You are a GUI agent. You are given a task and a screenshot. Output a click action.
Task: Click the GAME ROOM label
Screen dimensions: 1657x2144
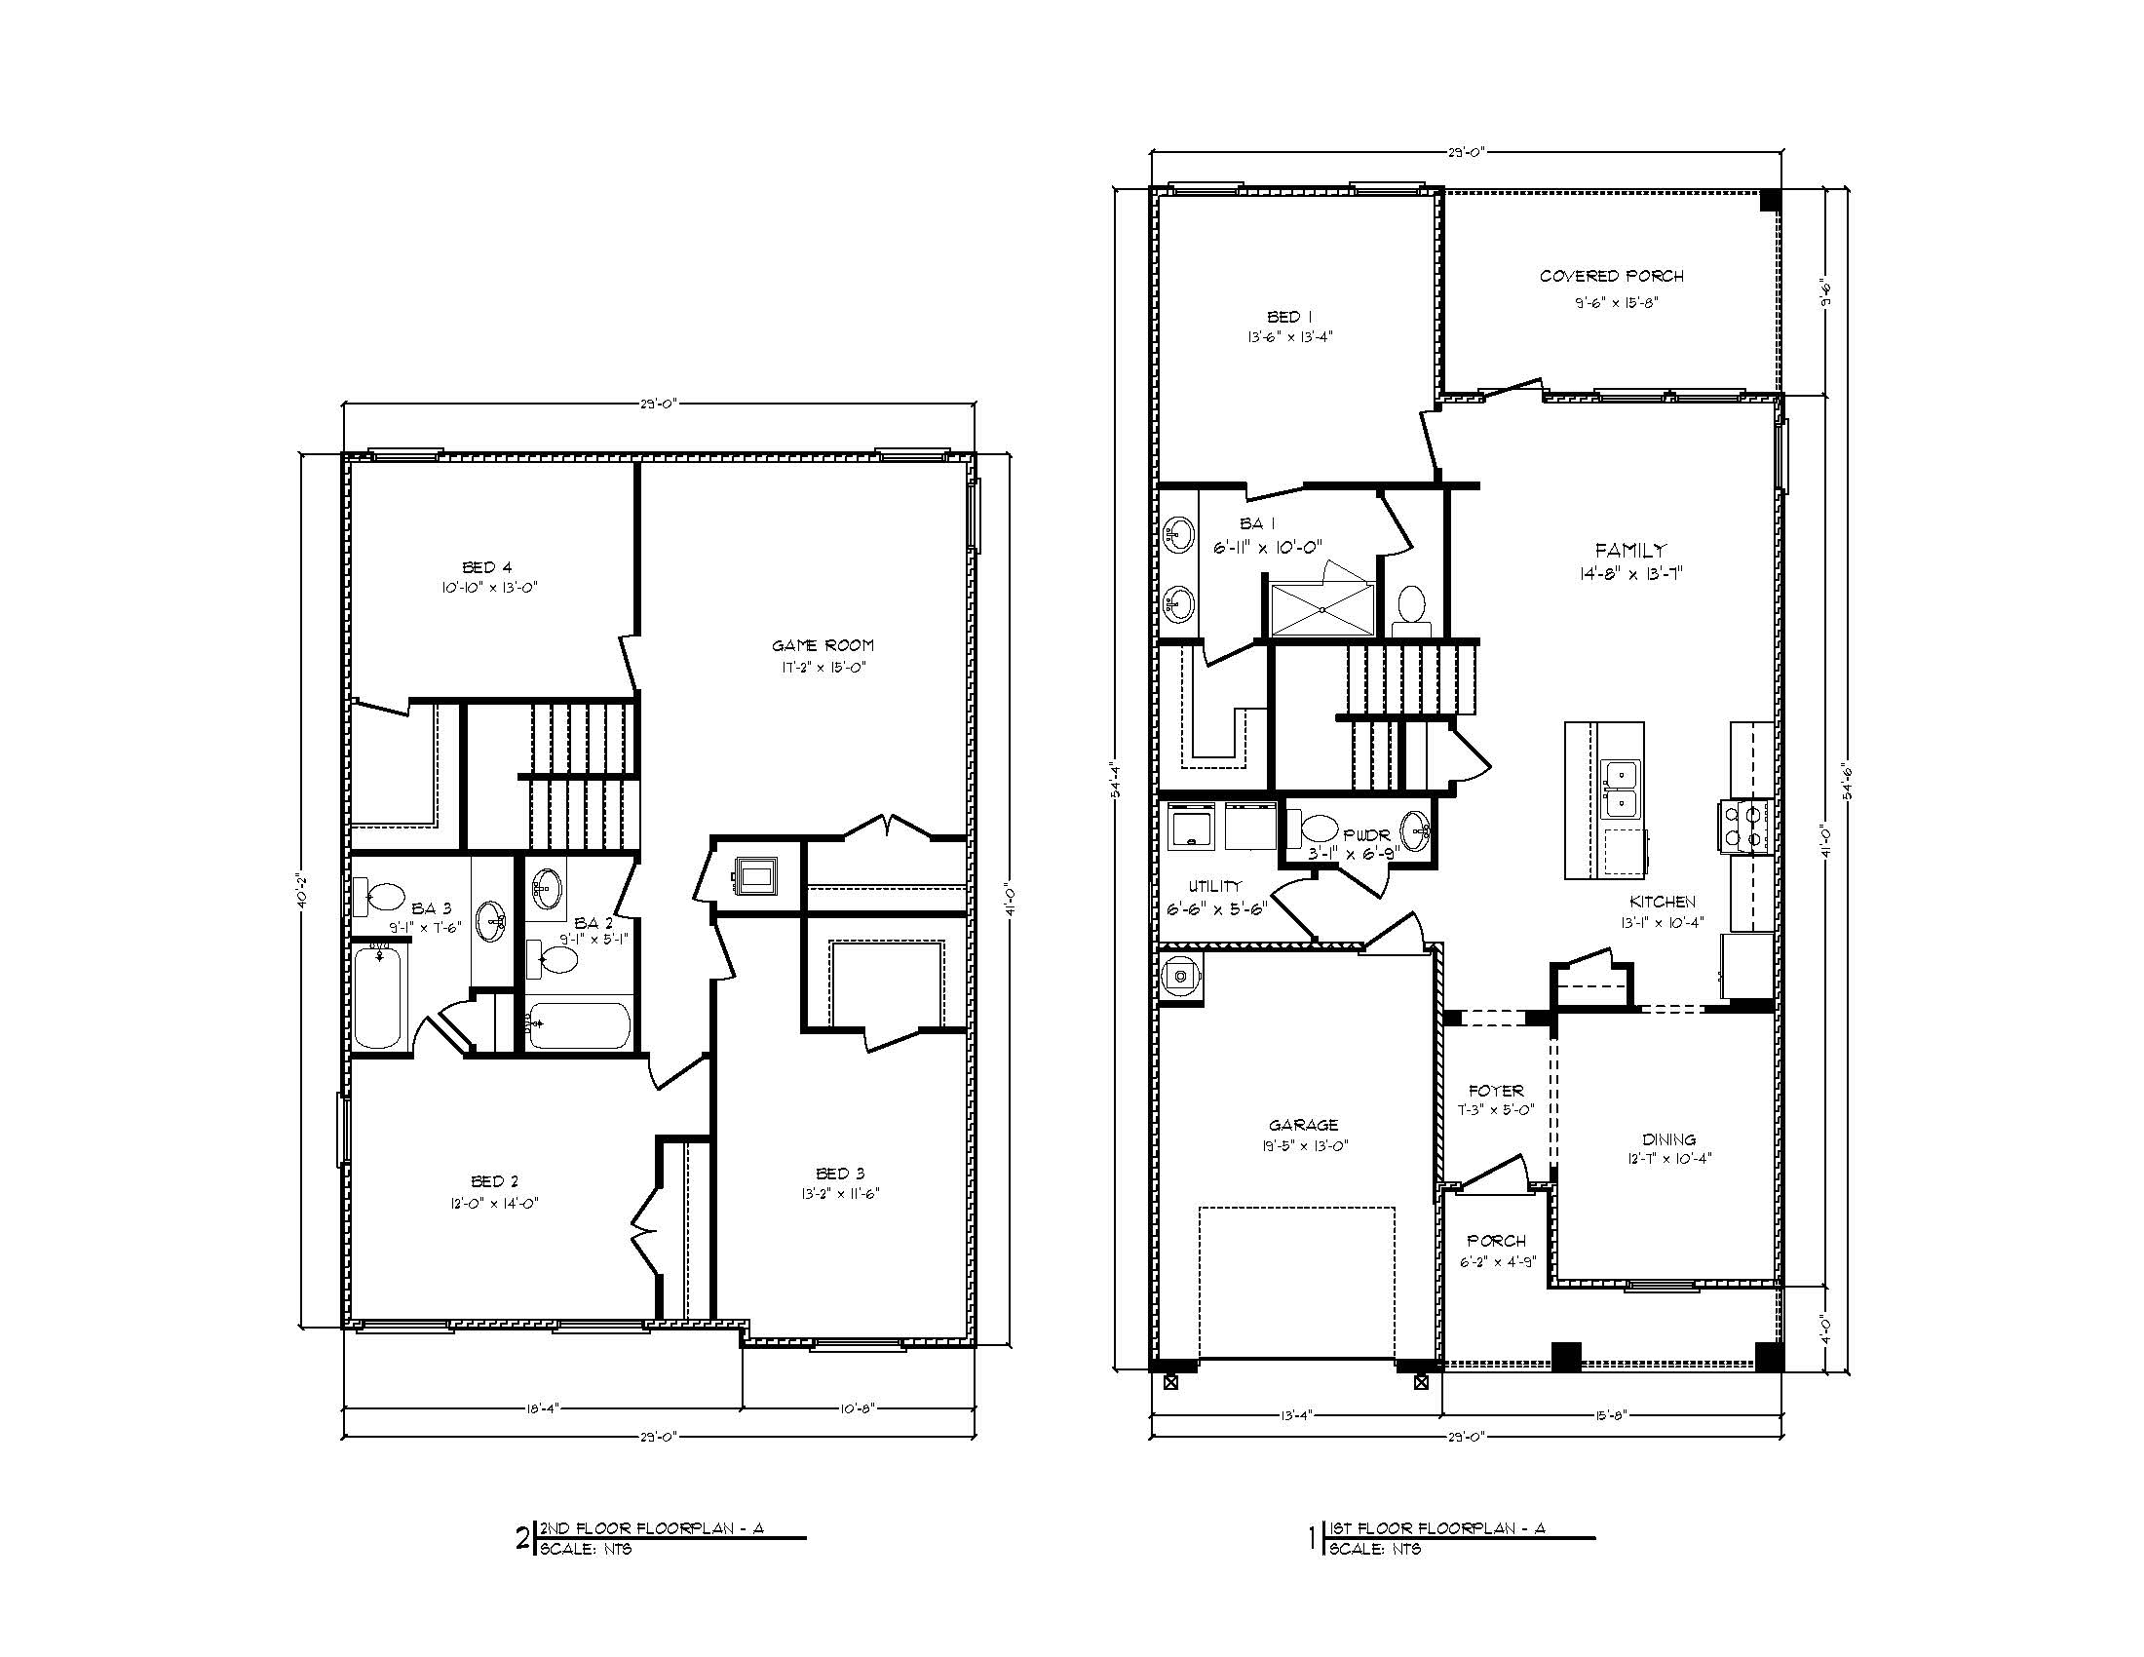tap(822, 646)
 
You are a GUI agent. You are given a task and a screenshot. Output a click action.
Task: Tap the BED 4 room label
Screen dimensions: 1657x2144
tap(487, 567)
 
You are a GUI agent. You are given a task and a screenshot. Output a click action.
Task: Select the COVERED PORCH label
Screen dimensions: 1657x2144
tap(1611, 277)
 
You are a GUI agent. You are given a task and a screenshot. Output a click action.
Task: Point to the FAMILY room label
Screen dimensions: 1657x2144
tap(1629, 551)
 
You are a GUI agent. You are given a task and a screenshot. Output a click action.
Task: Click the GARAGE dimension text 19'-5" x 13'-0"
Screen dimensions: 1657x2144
tap(1303, 1145)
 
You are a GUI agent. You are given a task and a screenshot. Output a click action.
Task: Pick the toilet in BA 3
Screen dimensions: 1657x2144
tap(383, 895)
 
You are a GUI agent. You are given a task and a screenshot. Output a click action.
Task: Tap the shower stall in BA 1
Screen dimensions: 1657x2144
tap(1322, 609)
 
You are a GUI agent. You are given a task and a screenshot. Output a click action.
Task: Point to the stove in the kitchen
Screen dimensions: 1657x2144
tap(1743, 825)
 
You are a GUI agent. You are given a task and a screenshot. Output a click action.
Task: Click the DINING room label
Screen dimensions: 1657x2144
tap(1668, 1139)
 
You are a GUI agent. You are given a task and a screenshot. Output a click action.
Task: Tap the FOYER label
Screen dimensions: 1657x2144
tap(1495, 1091)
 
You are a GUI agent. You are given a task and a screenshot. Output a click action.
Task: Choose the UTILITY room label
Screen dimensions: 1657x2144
tap(1215, 886)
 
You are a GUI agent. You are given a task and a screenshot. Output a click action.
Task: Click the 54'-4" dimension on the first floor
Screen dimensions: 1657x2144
tap(1117, 776)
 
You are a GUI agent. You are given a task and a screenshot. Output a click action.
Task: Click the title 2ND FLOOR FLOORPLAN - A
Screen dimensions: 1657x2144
tap(651, 1527)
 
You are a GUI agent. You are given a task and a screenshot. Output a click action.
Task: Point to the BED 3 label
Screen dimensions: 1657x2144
tap(840, 1173)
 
